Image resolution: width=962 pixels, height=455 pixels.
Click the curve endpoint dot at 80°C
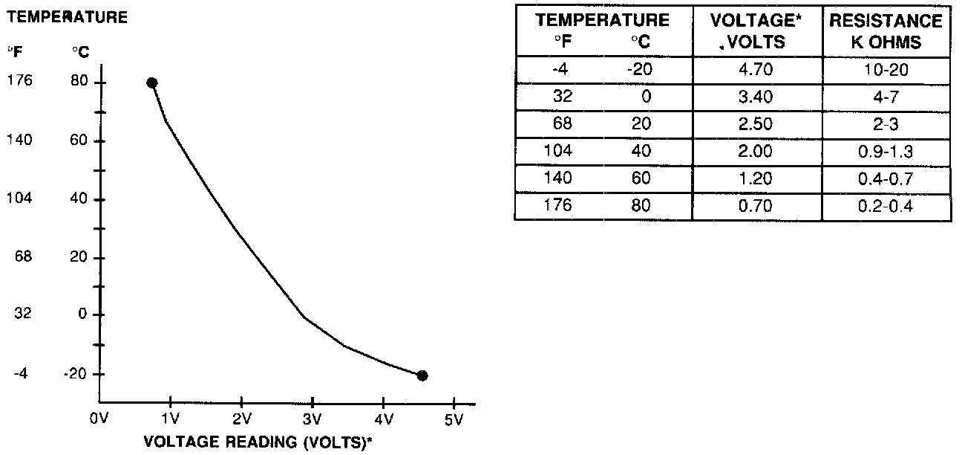pyautogui.click(x=151, y=83)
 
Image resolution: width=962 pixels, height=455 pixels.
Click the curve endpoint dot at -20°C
pyautogui.click(x=422, y=375)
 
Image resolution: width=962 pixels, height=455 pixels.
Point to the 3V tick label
pyautogui.click(x=312, y=419)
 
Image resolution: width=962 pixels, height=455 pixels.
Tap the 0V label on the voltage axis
pyautogui.click(x=99, y=419)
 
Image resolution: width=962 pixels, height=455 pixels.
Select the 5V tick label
pyautogui.click(x=454, y=419)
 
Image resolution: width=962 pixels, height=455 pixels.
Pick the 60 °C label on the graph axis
pyautogui.click(x=79, y=141)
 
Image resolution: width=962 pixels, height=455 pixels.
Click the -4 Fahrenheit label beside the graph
pyautogui.click(x=20, y=373)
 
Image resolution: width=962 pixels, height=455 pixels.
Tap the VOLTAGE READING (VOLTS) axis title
pyautogui.click(x=257, y=441)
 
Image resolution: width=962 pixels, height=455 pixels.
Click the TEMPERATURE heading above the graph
pyautogui.click(x=68, y=18)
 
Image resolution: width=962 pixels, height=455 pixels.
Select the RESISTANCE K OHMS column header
pyautogui.click(x=886, y=31)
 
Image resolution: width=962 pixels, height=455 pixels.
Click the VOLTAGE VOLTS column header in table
pyautogui.click(x=756, y=31)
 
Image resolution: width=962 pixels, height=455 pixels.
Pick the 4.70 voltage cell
pyautogui.click(x=756, y=70)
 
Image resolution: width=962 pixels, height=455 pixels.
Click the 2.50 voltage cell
pyautogui.click(x=756, y=123)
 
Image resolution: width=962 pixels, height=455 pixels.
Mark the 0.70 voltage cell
pyautogui.click(x=756, y=205)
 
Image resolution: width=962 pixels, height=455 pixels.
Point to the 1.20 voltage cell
pyautogui.click(x=756, y=178)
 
